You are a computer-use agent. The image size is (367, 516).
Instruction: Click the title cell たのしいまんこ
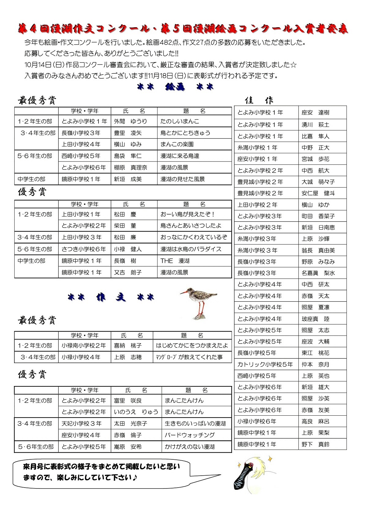click(x=180, y=121)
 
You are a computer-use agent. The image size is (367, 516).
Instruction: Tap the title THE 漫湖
click(x=175, y=261)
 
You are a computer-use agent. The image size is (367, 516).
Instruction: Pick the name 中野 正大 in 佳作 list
click(x=315, y=148)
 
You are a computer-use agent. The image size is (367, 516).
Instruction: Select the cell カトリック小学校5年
click(x=265, y=365)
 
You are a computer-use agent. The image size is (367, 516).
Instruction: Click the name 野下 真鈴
click(x=315, y=444)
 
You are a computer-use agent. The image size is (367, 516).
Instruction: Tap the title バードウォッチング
click(x=190, y=435)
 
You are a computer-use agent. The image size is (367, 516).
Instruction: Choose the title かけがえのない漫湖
click(x=190, y=447)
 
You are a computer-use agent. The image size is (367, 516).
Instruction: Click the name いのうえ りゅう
click(x=136, y=412)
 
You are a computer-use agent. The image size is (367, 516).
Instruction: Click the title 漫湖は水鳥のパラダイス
click(x=191, y=249)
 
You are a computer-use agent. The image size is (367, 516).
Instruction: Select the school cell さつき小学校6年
click(x=83, y=249)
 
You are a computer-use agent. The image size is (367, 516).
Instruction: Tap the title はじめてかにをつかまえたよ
click(x=192, y=346)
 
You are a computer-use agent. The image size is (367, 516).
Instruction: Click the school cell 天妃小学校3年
click(x=81, y=424)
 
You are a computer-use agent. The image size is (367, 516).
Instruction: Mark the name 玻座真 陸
click(x=315, y=319)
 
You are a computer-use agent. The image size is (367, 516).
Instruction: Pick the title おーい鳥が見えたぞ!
click(x=187, y=214)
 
